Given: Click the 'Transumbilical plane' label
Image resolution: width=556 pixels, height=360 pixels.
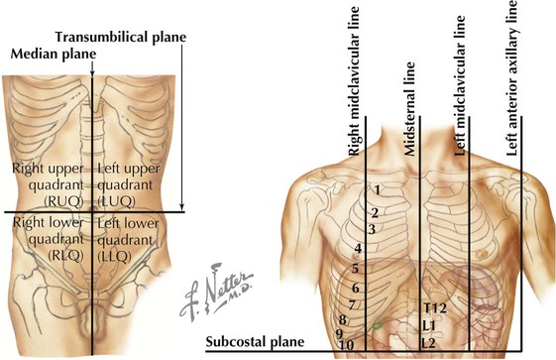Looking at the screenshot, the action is pyautogui.click(x=122, y=37).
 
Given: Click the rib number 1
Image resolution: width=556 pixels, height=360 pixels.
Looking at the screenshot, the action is pyautogui.click(x=378, y=189).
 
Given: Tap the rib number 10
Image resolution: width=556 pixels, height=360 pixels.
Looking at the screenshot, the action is pyautogui.click(x=348, y=343).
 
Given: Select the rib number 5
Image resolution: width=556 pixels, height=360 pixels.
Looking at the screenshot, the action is pyautogui.click(x=355, y=268).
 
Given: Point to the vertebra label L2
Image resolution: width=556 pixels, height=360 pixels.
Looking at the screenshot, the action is pyautogui.click(x=428, y=342).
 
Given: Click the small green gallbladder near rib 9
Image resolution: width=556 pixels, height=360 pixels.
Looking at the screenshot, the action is pyautogui.click(x=376, y=324).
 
